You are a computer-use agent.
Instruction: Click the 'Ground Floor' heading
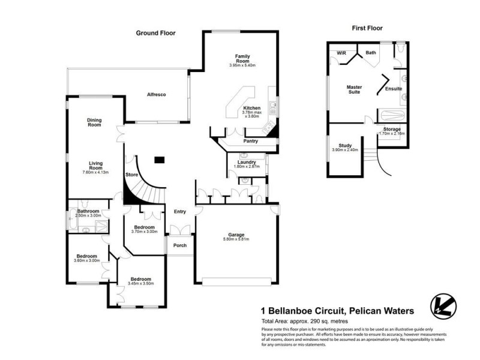click(x=155, y=33)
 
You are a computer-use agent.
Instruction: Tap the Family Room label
click(x=242, y=59)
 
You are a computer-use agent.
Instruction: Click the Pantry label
click(x=251, y=142)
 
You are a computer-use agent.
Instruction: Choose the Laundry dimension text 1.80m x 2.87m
click(x=247, y=167)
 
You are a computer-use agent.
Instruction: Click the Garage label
click(x=235, y=235)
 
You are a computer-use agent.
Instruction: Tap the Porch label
click(x=179, y=245)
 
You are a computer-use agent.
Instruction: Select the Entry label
click(x=179, y=211)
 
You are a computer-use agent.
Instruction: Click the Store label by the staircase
click(x=131, y=175)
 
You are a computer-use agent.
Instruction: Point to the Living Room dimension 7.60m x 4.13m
click(x=96, y=172)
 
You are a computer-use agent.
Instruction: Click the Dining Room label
click(x=95, y=122)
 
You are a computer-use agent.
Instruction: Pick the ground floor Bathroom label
click(x=88, y=211)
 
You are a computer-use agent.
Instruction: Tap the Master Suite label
click(x=354, y=89)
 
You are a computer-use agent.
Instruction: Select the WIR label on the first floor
click(x=341, y=53)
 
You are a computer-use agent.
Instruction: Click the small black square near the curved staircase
click(x=159, y=160)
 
